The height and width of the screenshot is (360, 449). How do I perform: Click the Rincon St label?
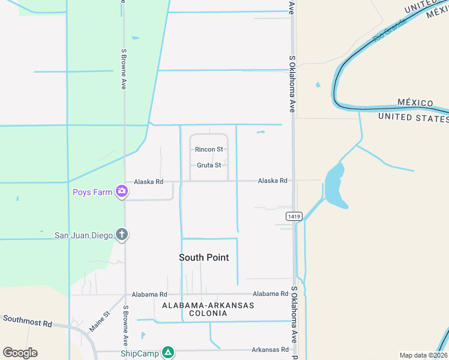click(x=209, y=149)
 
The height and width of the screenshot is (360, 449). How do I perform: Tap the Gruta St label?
click(x=209, y=165)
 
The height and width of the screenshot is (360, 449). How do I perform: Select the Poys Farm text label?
click(x=92, y=192)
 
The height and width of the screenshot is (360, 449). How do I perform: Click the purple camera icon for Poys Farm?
click(x=122, y=191)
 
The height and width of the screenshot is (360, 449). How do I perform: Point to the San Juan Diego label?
click(x=83, y=235)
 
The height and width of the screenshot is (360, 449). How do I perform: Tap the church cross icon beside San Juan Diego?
click(x=122, y=235)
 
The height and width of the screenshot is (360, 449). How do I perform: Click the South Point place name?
click(x=204, y=257)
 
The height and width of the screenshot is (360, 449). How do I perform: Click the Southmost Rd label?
click(x=26, y=322)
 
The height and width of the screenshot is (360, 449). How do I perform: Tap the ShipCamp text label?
click(x=140, y=353)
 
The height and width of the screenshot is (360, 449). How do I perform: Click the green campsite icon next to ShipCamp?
click(x=169, y=352)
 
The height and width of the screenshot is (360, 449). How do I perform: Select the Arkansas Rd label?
click(x=270, y=349)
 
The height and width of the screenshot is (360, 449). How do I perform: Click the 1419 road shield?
click(x=294, y=216)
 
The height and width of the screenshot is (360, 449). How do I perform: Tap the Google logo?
click(x=20, y=352)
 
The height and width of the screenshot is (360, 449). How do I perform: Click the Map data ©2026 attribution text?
click(x=423, y=355)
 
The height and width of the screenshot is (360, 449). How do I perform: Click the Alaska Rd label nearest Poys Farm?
click(x=148, y=181)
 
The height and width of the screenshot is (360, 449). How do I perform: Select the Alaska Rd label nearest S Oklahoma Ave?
click(x=273, y=180)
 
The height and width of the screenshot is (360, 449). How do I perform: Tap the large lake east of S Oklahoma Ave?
click(x=336, y=186)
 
